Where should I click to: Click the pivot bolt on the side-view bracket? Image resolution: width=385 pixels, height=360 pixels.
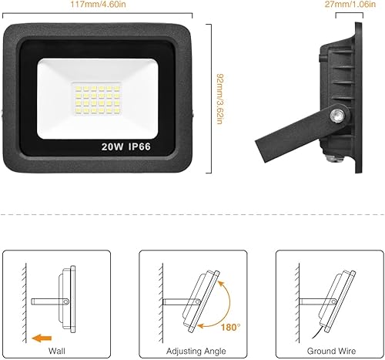coord(336,115)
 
